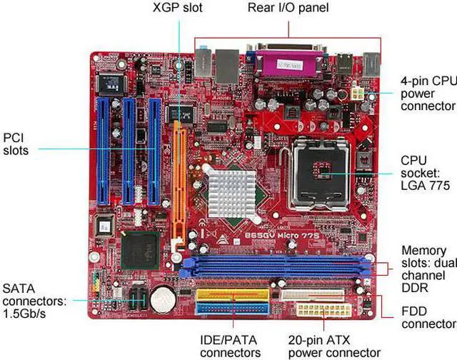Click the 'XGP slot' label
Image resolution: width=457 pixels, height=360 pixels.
click(178, 8)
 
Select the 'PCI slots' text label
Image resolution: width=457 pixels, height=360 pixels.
click(16, 144)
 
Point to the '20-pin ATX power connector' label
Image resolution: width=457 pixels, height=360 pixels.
click(334, 346)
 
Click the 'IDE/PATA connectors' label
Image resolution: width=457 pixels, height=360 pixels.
click(230, 346)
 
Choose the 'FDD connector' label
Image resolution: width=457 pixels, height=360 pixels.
click(426, 318)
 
